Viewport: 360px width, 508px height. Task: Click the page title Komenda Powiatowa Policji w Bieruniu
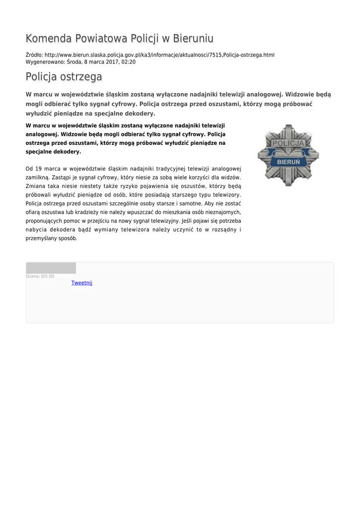pyautogui.click(x=119, y=39)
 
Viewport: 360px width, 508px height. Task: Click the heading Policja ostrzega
pyautogui.click(x=64, y=77)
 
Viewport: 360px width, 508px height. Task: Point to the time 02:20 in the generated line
pyautogui.click(x=129, y=62)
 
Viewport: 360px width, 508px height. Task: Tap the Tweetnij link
pyautogui.click(x=82, y=283)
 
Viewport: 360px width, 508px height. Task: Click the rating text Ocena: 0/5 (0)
pyautogui.click(x=40, y=276)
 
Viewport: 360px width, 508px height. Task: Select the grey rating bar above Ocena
pyautogui.click(x=51, y=268)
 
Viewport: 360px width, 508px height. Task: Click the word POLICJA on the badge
pyautogui.click(x=288, y=143)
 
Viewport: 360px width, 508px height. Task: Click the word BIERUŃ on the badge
pyautogui.click(x=288, y=162)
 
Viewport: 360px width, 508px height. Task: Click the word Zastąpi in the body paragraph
pyautogui.click(x=62, y=177)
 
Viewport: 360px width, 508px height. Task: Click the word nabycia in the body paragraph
pyautogui.click(x=35, y=229)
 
